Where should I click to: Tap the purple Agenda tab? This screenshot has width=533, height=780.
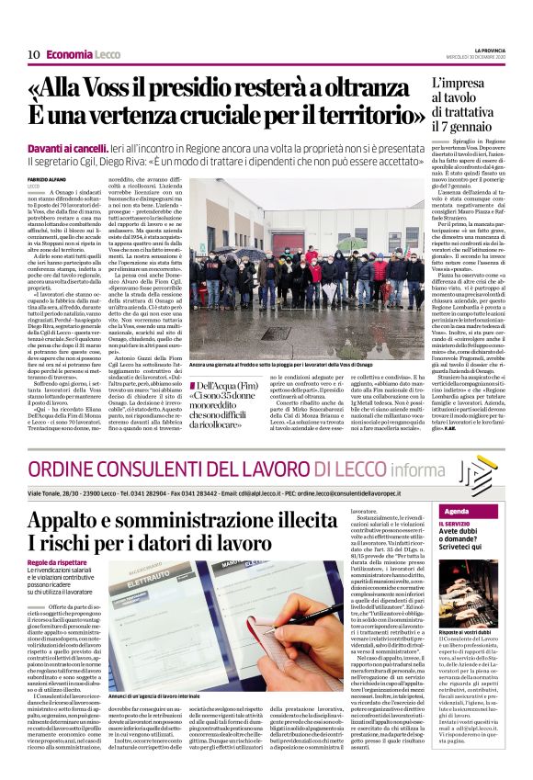tap(459, 511)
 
